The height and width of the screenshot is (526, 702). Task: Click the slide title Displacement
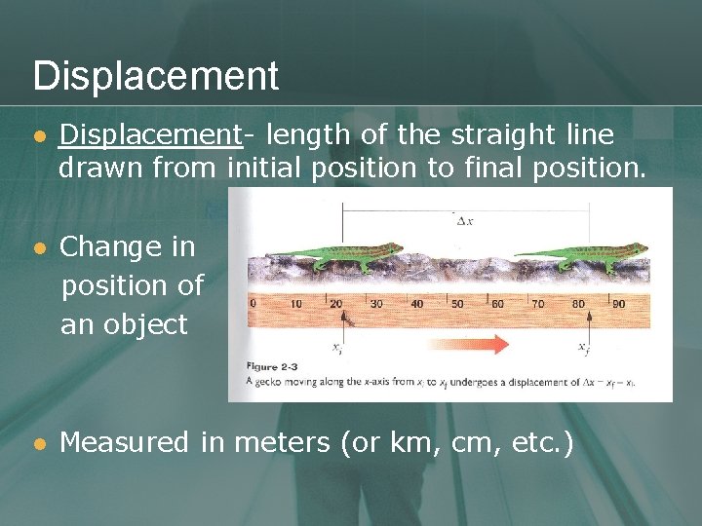click(x=156, y=75)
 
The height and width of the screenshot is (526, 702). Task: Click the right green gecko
click(x=584, y=256)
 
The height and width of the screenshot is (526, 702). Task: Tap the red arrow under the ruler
click(x=469, y=344)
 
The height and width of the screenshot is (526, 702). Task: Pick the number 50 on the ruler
click(x=457, y=304)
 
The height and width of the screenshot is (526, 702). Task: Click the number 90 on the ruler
click(x=618, y=304)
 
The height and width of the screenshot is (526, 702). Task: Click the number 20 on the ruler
click(x=336, y=304)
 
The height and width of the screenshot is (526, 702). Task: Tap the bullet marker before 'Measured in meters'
click(x=39, y=444)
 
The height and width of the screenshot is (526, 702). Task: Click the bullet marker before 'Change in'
click(x=39, y=248)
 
